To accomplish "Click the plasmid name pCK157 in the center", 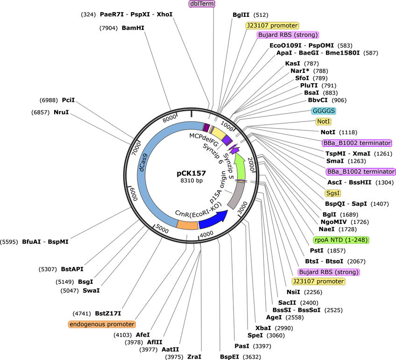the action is pyautogui.click(x=191, y=173).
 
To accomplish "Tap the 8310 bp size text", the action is pyautogui.click(x=191, y=180).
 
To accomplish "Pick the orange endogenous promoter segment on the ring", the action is pyautogui.click(x=187, y=225).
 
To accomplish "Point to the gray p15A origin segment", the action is pyautogui.click(x=237, y=195).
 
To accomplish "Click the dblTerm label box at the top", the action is pyautogui.click(x=202, y=4).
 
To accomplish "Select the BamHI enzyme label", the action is pyautogui.click(x=133, y=28).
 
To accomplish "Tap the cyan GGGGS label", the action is pyautogui.click(x=324, y=111).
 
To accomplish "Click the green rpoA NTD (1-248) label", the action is pyautogui.click(x=341, y=240).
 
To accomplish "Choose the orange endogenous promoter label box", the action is pyautogui.click(x=102, y=324).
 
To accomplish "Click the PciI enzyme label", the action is pyautogui.click(x=69, y=100).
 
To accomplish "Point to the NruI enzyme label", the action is pyautogui.click(x=61, y=112).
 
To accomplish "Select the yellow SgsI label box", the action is pyautogui.click(x=333, y=193).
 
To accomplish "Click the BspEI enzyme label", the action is pyautogui.click(x=229, y=357).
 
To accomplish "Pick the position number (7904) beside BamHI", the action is pyautogui.click(x=109, y=28).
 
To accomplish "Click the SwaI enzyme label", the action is pyautogui.click(x=91, y=290).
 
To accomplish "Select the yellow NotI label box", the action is pyautogui.click(x=323, y=122).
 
